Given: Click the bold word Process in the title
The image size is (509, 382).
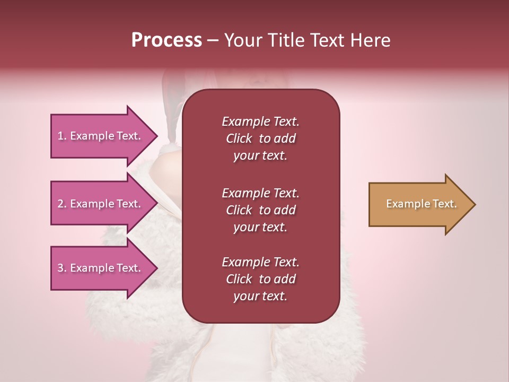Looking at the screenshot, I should tap(166, 40).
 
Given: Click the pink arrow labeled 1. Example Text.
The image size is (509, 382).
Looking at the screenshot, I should tap(101, 136).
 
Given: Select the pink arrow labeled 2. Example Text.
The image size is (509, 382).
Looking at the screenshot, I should tap(101, 204).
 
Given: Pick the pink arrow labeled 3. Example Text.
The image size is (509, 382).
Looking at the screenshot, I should tap(101, 268).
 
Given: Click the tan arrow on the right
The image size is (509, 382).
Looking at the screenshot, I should tap(419, 204).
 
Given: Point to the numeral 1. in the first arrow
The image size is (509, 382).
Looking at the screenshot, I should tap(62, 136).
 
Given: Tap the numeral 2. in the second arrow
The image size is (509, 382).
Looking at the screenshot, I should tap(62, 204).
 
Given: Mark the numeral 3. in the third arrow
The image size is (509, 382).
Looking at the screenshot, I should tap(62, 268).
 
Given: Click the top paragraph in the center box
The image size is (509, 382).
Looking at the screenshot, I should tap(260, 138).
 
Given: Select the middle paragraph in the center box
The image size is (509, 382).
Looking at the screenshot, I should tap(260, 210).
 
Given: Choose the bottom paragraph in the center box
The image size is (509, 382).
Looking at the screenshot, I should tap(260, 279).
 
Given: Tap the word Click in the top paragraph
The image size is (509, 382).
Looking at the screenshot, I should tap(239, 138).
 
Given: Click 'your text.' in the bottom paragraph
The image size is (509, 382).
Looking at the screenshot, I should tap(260, 297).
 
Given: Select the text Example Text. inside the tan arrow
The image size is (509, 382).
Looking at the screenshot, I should tap(421, 204).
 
